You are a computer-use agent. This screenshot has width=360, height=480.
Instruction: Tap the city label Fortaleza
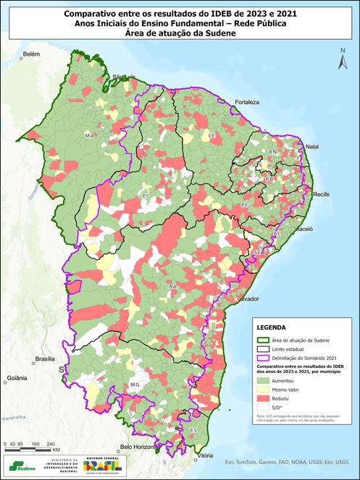tap(246, 103)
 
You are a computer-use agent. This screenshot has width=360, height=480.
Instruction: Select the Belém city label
tap(30, 54)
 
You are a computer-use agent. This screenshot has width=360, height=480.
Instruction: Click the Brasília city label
tap(45, 359)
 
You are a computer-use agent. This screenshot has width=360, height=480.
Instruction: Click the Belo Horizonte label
tap(143, 447)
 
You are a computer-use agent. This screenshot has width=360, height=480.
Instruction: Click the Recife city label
tap(321, 195)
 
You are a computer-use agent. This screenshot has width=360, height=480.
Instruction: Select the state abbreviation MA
tap(90, 135)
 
